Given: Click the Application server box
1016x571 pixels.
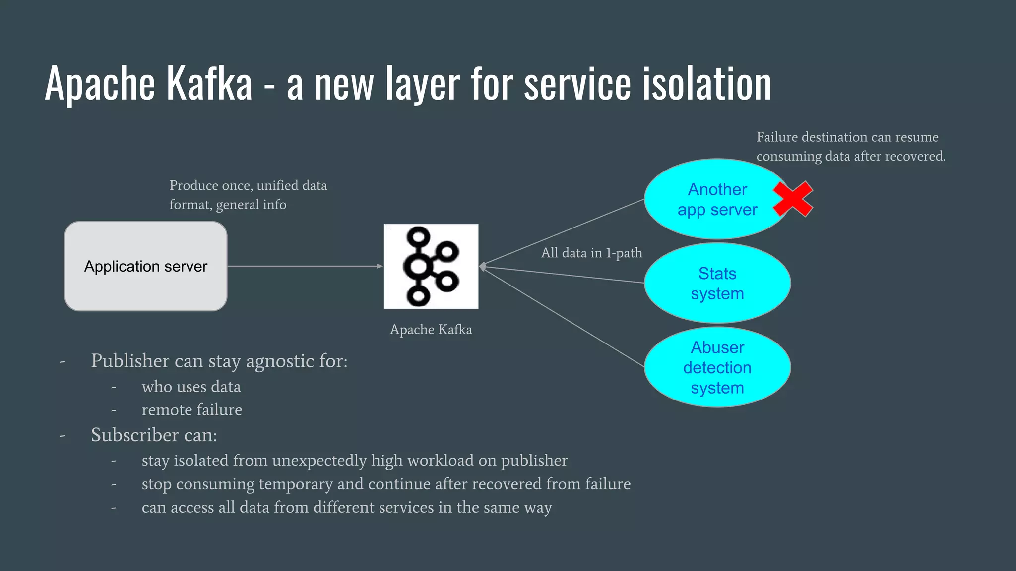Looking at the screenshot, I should (x=145, y=266).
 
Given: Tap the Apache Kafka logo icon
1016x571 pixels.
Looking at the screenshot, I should (x=431, y=266).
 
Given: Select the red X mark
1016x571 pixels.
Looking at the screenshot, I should (x=793, y=199).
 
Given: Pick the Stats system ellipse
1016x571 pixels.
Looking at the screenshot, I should (x=717, y=283).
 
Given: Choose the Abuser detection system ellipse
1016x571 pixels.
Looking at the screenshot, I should (x=717, y=367).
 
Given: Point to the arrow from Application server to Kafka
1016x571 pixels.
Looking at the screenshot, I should (x=305, y=266).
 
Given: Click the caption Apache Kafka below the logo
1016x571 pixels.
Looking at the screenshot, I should (x=431, y=330).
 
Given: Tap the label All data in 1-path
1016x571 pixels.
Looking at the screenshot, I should (x=591, y=253).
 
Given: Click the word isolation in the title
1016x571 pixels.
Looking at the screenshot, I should (x=707, y=84).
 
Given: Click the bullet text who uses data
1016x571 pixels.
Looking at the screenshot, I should (x=191, y=387).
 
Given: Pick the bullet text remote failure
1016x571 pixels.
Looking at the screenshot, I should (x=191, y=410).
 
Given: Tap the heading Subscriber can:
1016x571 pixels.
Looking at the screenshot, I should (x=154, y=435).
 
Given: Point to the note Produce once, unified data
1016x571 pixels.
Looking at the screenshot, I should (x=248, y=185).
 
